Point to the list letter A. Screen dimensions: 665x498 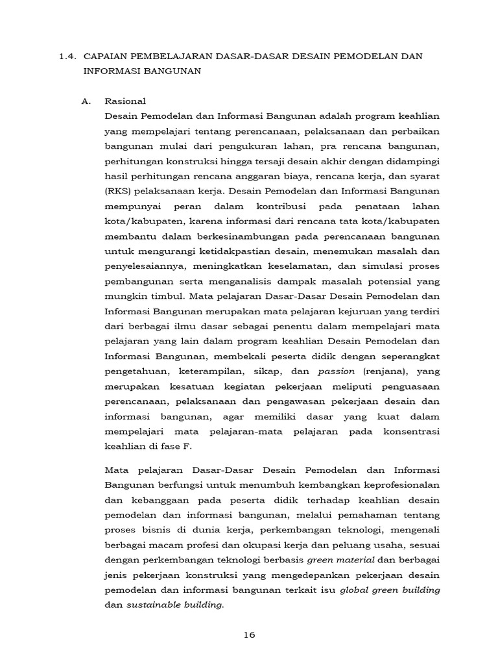click(x=88, y=101)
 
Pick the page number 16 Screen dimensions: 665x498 click(x=249, y=634)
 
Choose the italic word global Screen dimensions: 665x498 click(x=355, y=590)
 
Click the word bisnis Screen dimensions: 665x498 click(x=156, y=530)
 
